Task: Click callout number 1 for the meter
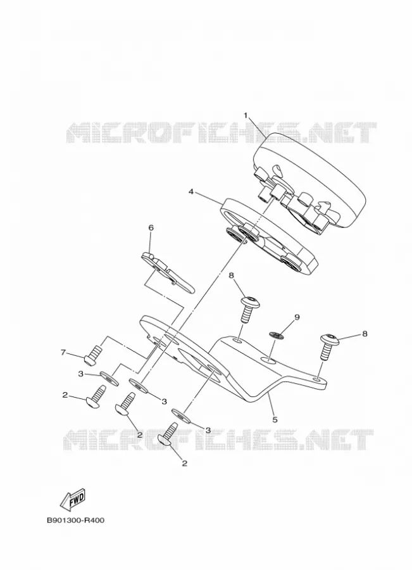(x=246, y=116)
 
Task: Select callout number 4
(x=190, y=191)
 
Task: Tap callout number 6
(x=151, y=228)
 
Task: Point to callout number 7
(x=63, y=352)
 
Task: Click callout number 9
(x=297, y=317)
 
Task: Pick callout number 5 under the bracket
(x=275, y=419)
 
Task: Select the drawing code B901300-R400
(x=75, y=520)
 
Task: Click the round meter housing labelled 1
(x=309, y=180)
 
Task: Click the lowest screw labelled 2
(x=168, y=434)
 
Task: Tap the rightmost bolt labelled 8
(x=329, y=346)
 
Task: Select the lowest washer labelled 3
(x=181, y=415)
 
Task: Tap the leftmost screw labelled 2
(x=96, y=396)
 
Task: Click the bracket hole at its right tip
(x=318, y=379)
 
